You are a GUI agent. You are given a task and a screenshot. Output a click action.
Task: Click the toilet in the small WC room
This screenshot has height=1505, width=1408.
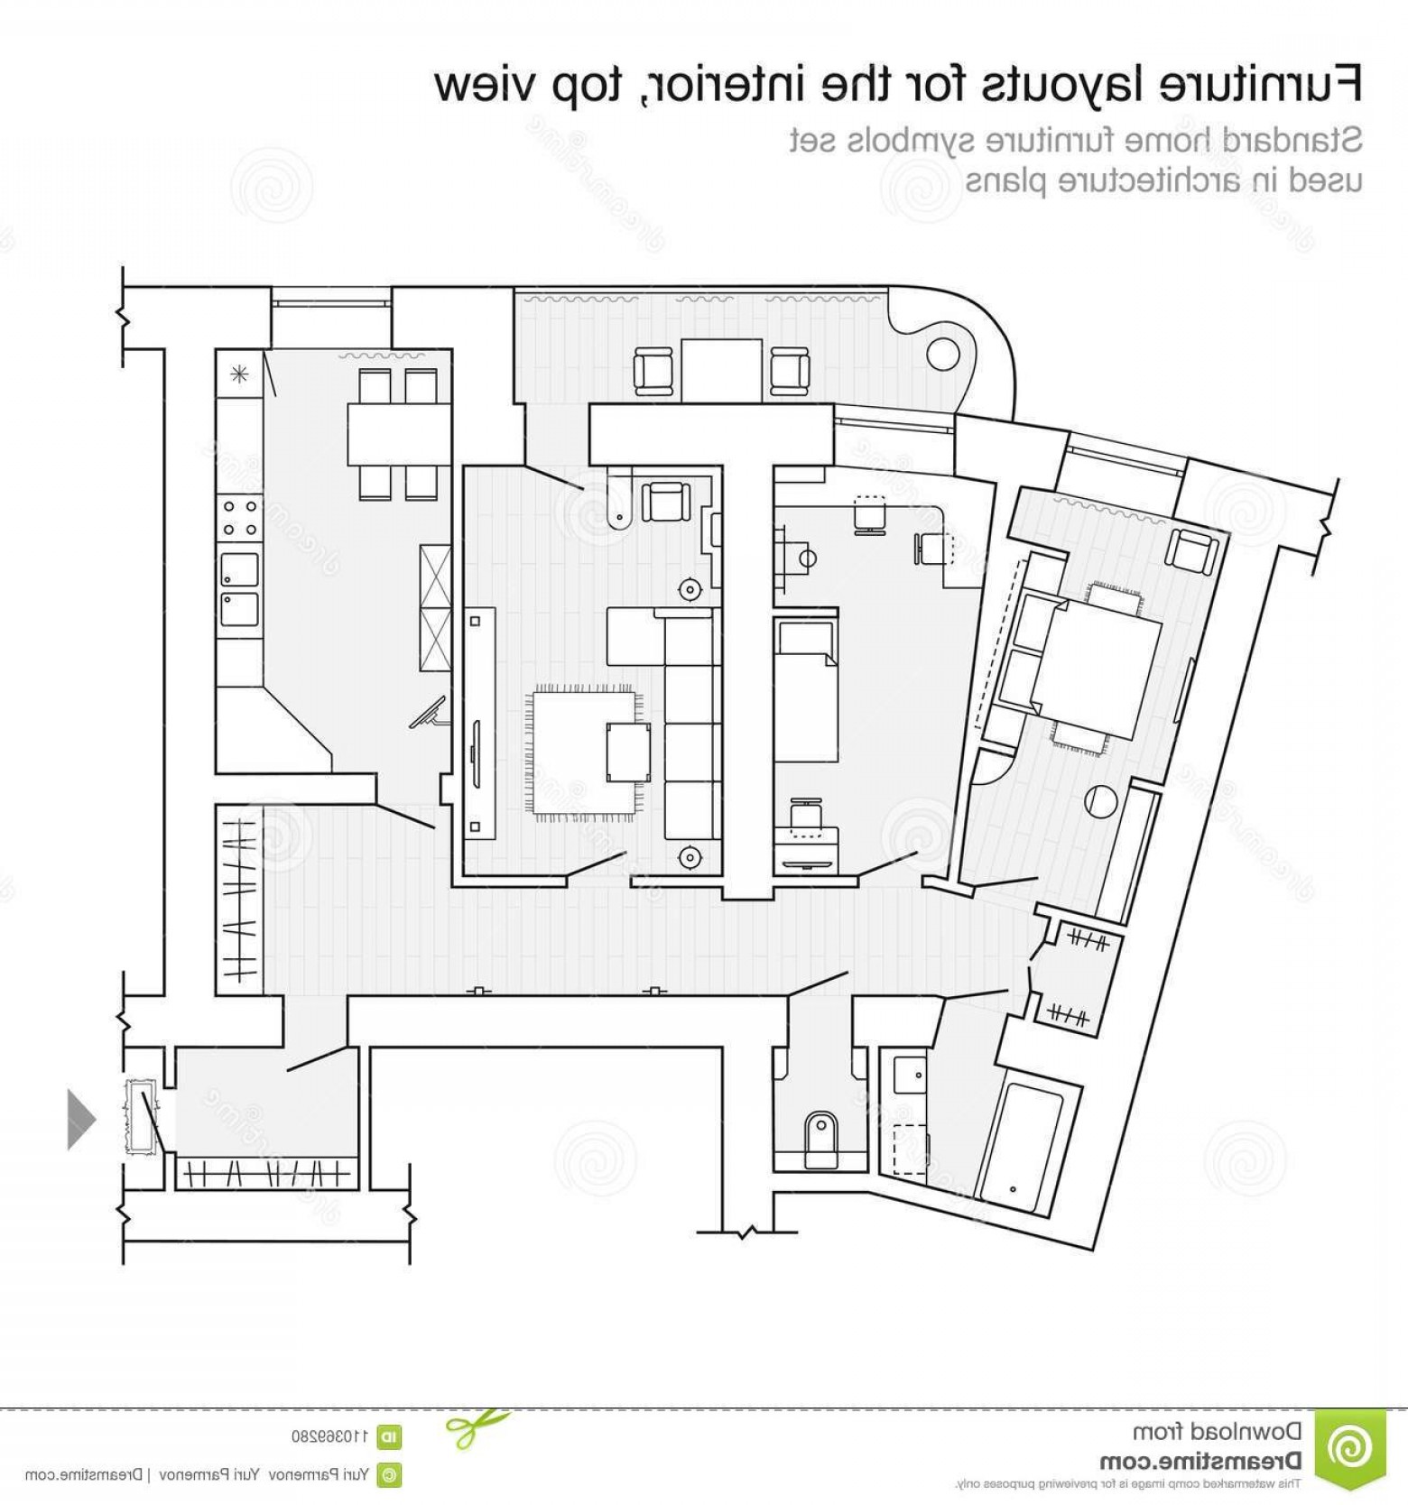coord(820,1131)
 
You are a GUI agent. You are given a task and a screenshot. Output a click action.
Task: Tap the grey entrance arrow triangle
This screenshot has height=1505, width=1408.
coord(79,1119)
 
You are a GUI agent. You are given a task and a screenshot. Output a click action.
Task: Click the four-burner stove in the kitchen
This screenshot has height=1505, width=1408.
coord(239,518)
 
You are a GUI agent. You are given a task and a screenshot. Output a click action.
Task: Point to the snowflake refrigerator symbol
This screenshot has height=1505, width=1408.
coord(239,374)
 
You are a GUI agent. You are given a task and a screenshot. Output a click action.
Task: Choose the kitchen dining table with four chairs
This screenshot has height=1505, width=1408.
coord(398,433)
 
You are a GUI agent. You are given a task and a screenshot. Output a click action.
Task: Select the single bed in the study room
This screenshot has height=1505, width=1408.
coord(805,690)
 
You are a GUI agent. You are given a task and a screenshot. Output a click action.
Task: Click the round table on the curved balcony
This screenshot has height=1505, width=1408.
coord(942,353)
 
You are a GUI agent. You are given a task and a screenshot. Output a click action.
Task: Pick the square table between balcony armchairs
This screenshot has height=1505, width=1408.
coord(721,370)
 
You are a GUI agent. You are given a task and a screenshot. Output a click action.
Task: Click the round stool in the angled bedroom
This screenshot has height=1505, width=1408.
coord(1101,800)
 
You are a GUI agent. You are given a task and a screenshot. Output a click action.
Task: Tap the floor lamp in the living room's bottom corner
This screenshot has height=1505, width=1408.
coord(690,856)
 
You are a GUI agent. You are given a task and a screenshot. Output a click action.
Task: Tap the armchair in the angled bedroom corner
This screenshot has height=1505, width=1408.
coord(1191,551)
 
